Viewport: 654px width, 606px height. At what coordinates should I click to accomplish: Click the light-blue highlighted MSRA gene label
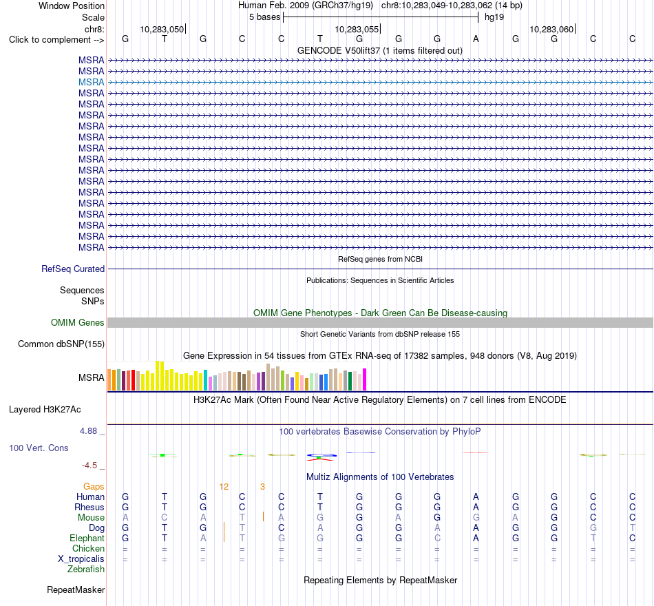(91, 82)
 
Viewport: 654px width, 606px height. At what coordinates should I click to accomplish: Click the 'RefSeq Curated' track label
(72, 269)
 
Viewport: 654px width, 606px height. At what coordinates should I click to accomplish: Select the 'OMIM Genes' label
(77, 322)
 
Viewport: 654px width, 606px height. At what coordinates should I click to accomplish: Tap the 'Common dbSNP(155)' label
(61, 344)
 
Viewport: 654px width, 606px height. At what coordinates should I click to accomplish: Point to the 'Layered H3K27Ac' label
(45, 410)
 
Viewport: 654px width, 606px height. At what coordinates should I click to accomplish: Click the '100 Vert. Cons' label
(39, 448)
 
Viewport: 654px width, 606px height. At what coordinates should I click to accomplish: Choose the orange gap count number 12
(224, 487)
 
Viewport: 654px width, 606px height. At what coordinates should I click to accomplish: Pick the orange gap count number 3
(262, 487)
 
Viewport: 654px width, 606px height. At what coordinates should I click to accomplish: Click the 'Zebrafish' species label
(86, 570)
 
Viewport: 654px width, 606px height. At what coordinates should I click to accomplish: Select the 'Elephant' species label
(87, 539)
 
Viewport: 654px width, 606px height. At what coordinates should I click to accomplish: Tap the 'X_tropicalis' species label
(81, 559)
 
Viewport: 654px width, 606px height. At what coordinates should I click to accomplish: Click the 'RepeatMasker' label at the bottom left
(76, 589)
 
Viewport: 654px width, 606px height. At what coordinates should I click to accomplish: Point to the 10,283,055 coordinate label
(357, 29)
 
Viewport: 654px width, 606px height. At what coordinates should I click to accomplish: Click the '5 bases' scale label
(264, 17)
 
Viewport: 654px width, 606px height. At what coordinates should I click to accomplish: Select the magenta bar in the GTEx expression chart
(365, 379)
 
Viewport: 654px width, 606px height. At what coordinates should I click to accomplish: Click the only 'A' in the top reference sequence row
(476, 39)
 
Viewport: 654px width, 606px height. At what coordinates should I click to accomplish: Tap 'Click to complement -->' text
(56, 40)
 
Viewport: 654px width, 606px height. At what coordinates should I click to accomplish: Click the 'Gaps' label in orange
(94, 487)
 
